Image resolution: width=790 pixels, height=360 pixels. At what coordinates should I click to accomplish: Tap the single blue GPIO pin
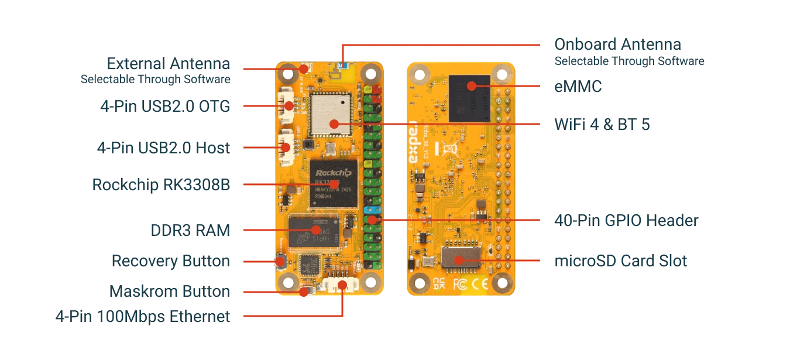(369, 210)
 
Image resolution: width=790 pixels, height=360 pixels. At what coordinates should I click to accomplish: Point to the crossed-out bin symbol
(451, 148)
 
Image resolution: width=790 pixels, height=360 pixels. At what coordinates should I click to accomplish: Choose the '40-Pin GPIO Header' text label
(627, 221)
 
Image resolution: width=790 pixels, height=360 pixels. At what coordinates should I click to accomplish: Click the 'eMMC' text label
(578, 87)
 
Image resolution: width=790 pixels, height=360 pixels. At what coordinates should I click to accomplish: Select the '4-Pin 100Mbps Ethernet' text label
(143, 317)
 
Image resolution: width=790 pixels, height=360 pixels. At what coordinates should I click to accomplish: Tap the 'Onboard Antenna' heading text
(617, 44)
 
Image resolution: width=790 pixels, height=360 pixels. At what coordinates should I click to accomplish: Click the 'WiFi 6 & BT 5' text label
(602, 124)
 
